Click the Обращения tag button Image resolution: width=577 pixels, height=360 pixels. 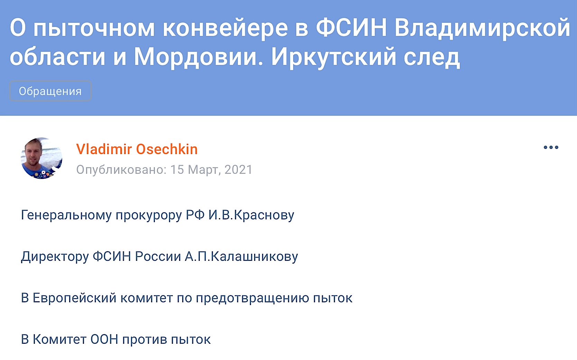[x=50, y=91]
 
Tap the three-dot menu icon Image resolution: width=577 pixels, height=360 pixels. [x=551, y=147]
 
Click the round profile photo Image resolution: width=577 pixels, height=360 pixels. [x=41, y=158]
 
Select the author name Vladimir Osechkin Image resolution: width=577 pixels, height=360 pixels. [x=137, y=149]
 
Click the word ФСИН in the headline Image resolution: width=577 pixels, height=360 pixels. [x=351, y=27]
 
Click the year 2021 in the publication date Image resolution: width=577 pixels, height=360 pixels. [x=239, y=170]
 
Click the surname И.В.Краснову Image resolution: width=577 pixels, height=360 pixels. [x=251, y=215]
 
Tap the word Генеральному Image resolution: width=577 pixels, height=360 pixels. [x=66, y=215]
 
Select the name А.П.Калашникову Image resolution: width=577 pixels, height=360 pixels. [x=241, y=256]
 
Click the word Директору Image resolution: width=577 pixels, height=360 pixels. [x=55, y=257]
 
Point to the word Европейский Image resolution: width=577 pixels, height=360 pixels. [x=75, y=298]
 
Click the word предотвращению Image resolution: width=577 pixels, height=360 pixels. [x=252, y=299]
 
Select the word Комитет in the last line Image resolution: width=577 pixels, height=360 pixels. [x=59, y=339]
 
